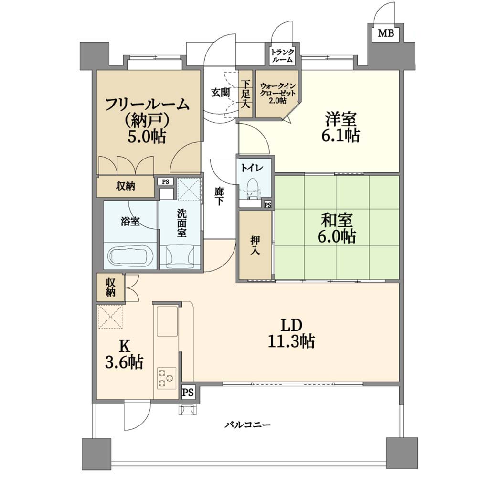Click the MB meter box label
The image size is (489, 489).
(386, 33)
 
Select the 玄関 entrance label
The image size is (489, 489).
(221, 92)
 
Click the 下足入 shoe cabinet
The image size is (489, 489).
(246, 94)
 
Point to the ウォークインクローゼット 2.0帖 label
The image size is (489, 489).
(277, 93)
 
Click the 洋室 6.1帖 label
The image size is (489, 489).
(340, 127)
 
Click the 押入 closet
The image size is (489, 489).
(255, 245)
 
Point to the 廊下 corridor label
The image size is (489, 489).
(219, 196)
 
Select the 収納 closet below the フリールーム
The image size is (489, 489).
(126, 187)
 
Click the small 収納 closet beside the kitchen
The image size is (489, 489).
(110, 287)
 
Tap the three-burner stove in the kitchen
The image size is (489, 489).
(166, 378)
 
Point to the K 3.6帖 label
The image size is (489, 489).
(124, 354)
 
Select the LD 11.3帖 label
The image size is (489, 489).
(291, 333)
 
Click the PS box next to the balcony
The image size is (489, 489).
(188, 392)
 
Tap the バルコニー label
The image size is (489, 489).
(248, 425)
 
